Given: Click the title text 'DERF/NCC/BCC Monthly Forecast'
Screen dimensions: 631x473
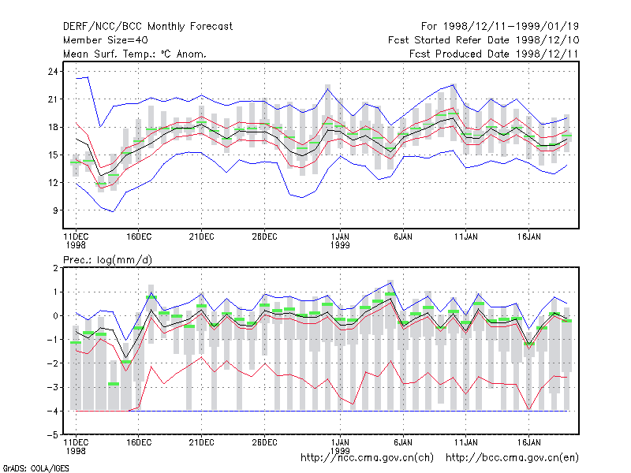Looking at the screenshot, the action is pos(147,27).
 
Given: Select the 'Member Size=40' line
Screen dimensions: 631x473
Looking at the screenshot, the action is pos(106,40).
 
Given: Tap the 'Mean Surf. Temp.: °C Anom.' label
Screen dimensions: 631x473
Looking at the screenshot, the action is pos(135,54).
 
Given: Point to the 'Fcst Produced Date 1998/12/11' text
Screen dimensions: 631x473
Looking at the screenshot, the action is pos(494,54).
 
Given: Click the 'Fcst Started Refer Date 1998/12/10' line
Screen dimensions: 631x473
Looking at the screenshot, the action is pos(484,40).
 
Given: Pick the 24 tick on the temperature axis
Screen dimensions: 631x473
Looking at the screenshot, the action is pos(53,72).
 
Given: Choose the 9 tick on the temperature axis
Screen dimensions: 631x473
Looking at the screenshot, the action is pos(55,210).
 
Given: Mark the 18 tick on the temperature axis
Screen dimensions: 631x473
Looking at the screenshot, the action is pos(53,127).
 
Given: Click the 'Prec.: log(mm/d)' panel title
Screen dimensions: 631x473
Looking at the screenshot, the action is pos(107,260).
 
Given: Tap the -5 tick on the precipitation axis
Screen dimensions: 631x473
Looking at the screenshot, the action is pos(53,435).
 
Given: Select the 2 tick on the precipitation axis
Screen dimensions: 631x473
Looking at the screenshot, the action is pos(55,268).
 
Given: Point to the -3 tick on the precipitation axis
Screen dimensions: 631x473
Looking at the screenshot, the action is pos(53,387).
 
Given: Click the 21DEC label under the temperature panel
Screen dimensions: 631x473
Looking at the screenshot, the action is pos(201,237).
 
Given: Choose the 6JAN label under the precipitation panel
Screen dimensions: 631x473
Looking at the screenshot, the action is pos(403,442).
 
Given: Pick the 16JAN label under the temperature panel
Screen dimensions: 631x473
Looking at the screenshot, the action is pos(528,237).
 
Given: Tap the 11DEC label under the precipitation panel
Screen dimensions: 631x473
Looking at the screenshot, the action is pos(76,442).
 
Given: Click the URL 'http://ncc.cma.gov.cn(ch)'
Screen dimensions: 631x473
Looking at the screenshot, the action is pos(367,458).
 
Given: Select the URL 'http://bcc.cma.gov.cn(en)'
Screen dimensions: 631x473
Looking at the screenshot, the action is pos(512,458).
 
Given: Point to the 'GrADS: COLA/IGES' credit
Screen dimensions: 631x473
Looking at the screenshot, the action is pos(35,468).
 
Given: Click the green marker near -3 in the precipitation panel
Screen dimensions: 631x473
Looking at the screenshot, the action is pos(114,384).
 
